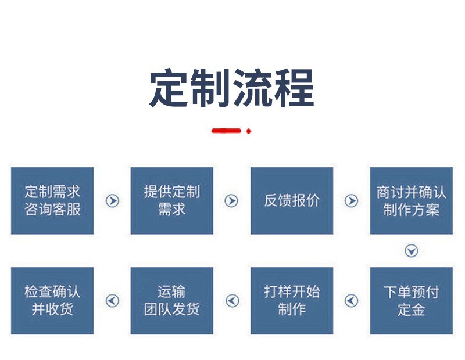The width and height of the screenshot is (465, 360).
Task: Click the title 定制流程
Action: pos(232,89)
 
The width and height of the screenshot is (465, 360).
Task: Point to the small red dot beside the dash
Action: pos(249,131)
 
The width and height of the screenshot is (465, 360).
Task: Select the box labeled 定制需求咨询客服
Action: pos(52,201)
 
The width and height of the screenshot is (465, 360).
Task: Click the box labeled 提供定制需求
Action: pos(172,201)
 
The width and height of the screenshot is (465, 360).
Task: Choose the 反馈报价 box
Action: pos(292,201)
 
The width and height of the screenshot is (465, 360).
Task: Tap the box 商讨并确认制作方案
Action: pos(412,201)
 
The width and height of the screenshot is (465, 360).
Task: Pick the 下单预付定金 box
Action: pos(412,301)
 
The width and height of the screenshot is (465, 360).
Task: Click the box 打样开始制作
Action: pos(292,301)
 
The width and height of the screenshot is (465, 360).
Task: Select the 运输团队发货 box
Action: pos(172,301)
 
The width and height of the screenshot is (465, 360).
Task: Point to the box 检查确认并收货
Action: pos(52,301)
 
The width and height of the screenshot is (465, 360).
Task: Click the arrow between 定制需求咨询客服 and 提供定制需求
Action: pos(112,201)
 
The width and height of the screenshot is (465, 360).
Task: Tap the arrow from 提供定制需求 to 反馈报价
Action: pos(232,201)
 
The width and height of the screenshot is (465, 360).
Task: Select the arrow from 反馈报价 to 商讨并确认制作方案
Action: pos(352,201)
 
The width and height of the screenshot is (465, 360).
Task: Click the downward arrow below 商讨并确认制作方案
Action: pos(412,251)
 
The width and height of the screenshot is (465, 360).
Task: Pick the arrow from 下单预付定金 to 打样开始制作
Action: pos(352,301)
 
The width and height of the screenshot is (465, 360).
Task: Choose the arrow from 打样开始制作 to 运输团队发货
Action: pos(232,301)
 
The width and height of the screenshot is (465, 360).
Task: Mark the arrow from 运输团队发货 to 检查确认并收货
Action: pos(112,301)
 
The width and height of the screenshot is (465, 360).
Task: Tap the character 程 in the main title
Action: pos(294,89)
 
